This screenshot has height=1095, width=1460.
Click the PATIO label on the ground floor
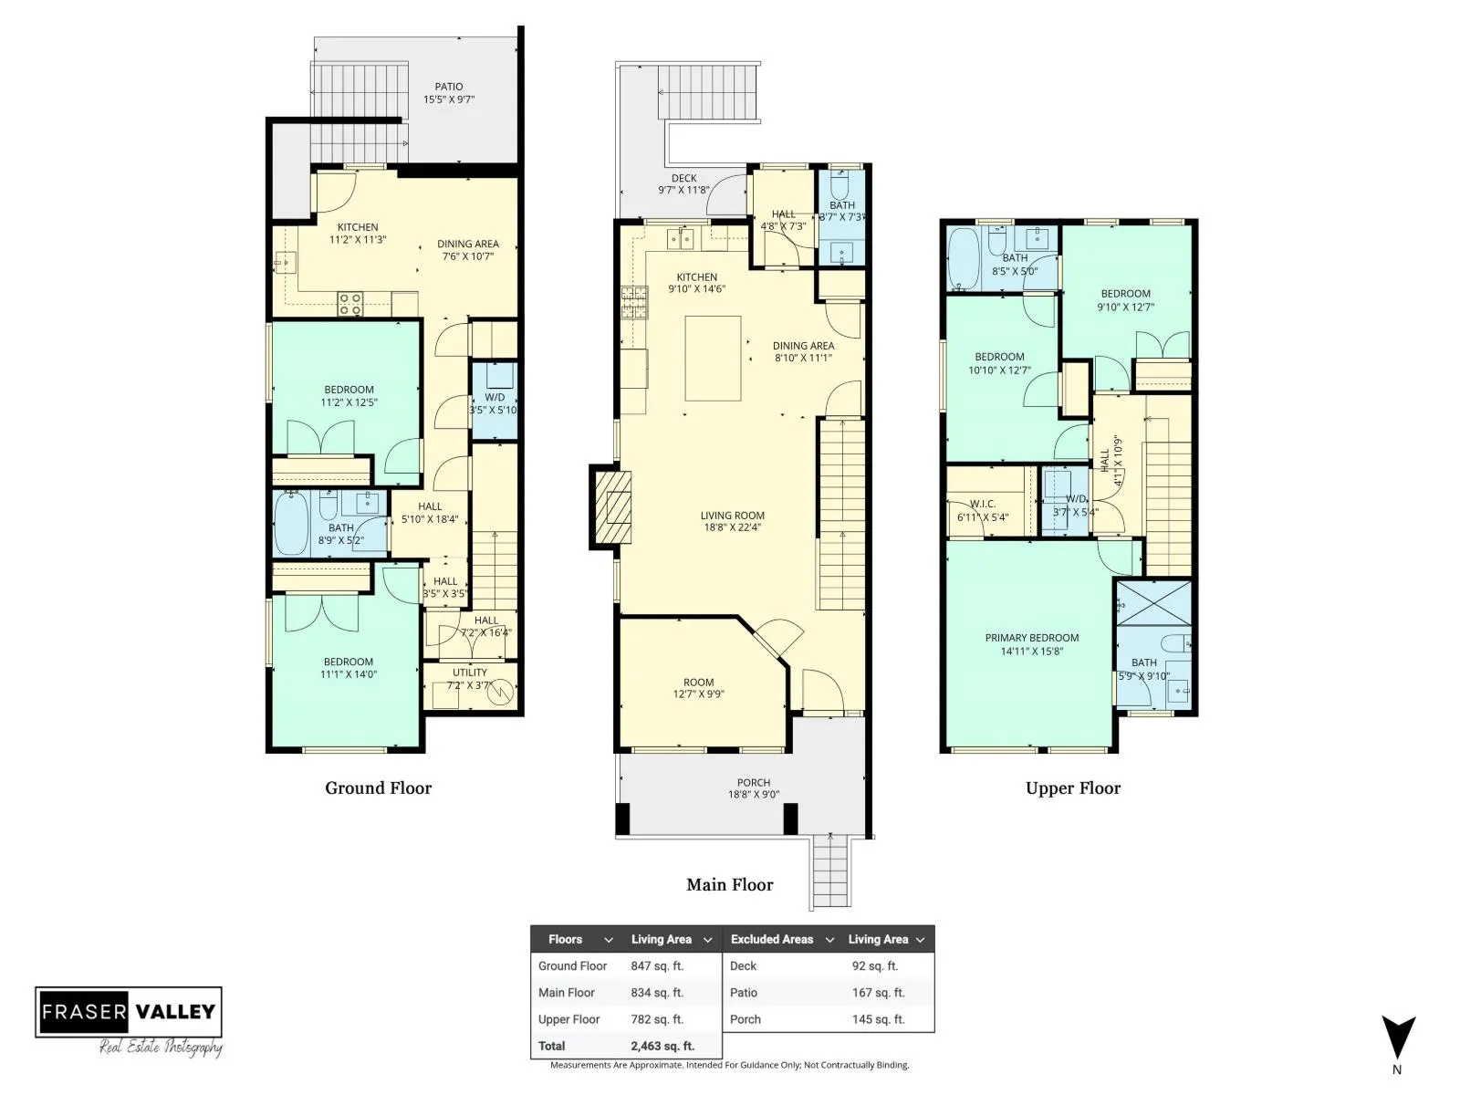[x=448, y=87]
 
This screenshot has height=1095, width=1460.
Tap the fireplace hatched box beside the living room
[x=612, y=507]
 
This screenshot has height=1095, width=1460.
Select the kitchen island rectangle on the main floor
[x=713, y=359]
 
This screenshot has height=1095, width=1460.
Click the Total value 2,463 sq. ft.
[x=662, y=1046]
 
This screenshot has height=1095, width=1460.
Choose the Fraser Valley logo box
[x=129, y=1012]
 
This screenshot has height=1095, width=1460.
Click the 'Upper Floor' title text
[x=1073, y=787]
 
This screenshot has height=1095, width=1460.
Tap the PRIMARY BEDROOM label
[x=1032, y=638]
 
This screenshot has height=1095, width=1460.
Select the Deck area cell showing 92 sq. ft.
[x=875, y=966]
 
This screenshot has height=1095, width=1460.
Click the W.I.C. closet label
[x=983, y=504]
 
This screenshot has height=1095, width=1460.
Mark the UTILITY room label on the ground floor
[x=470, y=673]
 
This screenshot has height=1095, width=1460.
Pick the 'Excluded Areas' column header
[x=772, y=940]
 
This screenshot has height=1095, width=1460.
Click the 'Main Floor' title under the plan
[x=730, y=884]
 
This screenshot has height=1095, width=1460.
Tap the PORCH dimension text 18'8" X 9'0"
[x=753, y=795]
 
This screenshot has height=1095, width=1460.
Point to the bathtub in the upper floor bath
[x=963, y=259]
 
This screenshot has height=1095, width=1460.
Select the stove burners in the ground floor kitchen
[x=349, y=305]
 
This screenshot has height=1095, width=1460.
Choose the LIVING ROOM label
[x=733, y=516]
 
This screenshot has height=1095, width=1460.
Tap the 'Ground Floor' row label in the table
[x=572, y=966]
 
